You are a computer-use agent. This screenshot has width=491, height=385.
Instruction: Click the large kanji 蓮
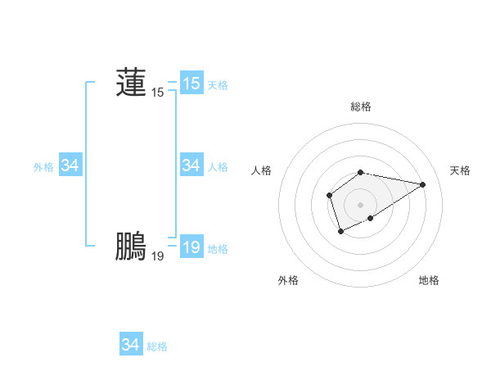[x=131, y=82]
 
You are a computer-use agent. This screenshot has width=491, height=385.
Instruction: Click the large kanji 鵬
[x=131, y=246]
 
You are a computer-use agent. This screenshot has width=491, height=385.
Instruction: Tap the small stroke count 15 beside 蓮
[x=157, y=93]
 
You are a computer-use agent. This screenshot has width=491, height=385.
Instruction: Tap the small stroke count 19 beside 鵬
[x=157, y=256]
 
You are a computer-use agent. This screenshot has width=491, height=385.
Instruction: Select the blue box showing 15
[x=191, y=84]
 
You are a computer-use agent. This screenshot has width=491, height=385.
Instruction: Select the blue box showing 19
[x=191, y=247]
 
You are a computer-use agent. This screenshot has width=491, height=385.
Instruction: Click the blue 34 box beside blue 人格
[x=191, y=165]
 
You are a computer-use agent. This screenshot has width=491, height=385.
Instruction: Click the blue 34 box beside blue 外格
[x=70, y=165]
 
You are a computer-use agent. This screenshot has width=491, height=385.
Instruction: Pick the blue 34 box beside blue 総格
[x=131, y=345]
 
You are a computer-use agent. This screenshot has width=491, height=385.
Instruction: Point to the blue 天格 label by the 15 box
[x=218, y=85]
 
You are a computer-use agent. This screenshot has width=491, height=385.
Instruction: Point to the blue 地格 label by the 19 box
[x=218, y=249]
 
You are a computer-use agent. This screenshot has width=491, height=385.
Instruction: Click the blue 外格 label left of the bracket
[x=43, y=167]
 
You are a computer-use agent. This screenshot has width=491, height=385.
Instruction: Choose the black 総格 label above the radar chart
[x=361, y=106]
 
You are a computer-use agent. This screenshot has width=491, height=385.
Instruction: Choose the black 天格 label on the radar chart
[x=461, y=170]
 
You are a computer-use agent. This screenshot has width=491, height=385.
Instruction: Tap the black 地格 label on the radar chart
[x=429, y=280]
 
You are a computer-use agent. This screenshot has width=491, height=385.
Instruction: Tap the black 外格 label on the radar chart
[x=288, y=280]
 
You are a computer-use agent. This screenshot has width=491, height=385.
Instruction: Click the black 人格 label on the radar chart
[x=261, y=170]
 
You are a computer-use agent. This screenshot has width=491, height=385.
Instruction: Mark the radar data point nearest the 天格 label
[x=423, y=184]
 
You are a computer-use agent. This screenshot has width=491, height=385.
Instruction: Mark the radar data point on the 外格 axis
[x=340, y=233]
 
